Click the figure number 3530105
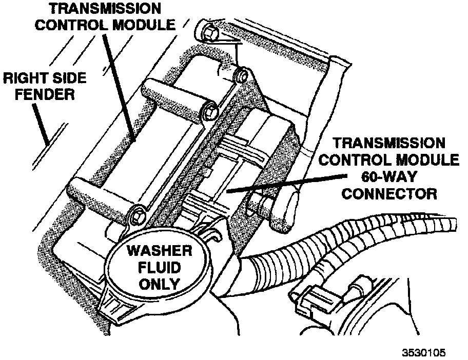click(x=424, y=353)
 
